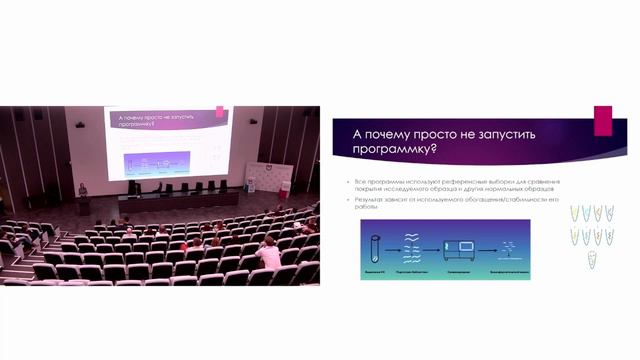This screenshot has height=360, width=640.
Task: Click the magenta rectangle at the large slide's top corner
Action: click(x=602, y=119)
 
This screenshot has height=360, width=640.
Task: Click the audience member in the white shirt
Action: click(x=268, y=255)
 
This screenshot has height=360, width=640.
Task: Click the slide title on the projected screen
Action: click(x=160, y=120)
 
